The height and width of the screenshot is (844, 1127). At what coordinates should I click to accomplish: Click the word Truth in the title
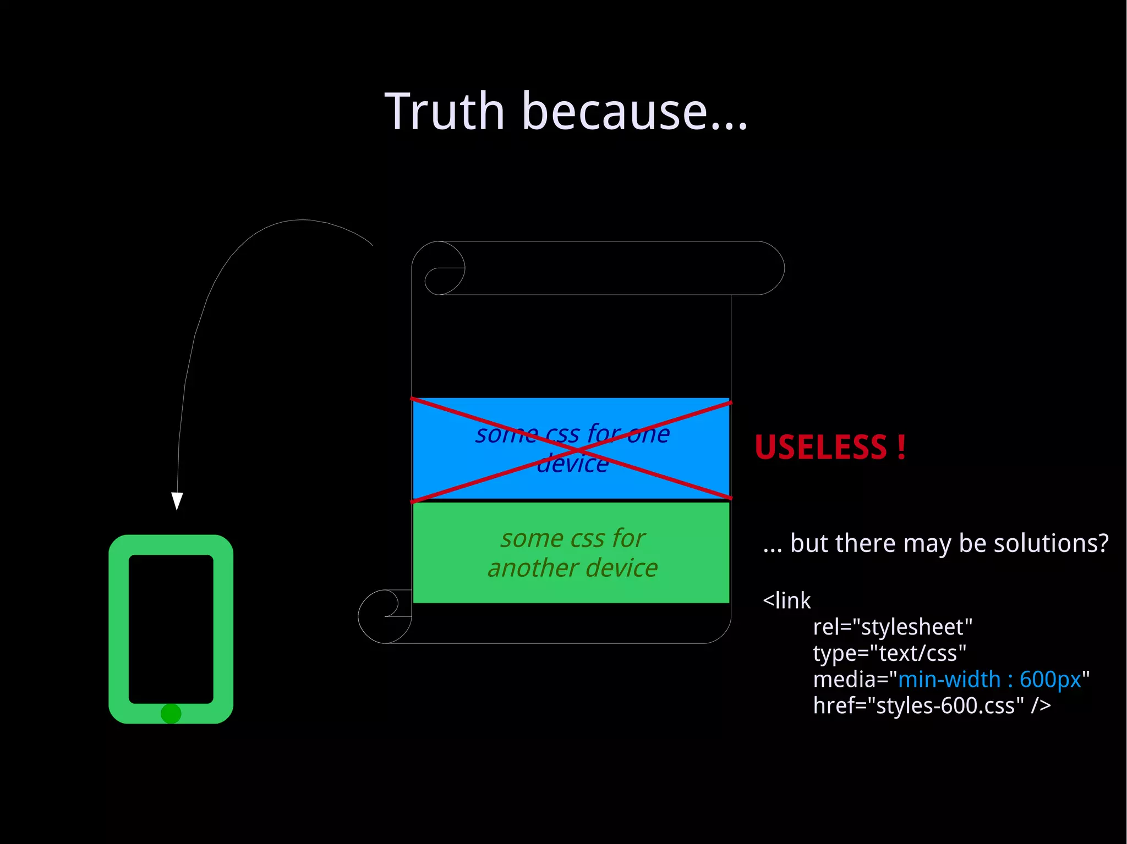coord(445,112)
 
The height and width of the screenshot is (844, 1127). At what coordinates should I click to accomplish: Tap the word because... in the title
coord(634,112)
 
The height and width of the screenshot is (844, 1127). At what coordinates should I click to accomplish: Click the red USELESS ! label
coord(830,447)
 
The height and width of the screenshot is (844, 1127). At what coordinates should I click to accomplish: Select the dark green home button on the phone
coord(171,714)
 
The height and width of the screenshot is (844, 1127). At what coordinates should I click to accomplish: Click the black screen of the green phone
coord(171,628)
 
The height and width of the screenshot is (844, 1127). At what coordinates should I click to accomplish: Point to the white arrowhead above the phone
coord(177,500)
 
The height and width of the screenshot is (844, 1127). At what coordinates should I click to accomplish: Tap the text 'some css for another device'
coord(572,553)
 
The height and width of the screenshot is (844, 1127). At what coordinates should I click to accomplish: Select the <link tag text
coord(787,601)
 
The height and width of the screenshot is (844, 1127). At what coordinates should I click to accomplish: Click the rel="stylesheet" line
coord(893,627)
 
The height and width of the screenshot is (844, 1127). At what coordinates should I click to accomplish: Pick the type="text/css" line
coord(890,653)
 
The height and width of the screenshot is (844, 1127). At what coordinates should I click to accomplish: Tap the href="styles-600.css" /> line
coord(932,705)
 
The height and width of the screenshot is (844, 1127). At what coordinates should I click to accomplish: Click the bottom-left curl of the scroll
coord(384,616)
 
